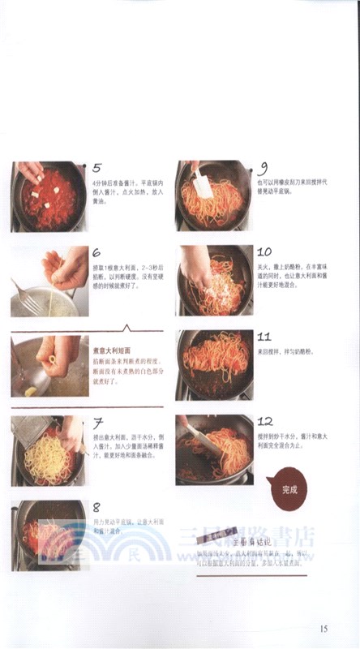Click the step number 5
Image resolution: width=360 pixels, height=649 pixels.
(x=97, y=169)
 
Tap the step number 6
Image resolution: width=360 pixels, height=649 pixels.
(x=97, y=253)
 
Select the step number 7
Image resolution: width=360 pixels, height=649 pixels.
(x=97, y=423)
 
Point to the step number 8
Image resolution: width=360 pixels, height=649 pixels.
(x=97, y=507)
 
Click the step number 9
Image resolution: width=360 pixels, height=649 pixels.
(x=264, y=169)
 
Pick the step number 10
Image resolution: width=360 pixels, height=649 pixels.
(x=264, y=252)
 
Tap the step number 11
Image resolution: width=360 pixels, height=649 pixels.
(x=264, y=336)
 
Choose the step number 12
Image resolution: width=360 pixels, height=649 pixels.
(x=264, y=421)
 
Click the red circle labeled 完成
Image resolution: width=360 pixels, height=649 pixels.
(x=289, y=489)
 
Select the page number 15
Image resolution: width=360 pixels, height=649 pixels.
(x=324, y=627)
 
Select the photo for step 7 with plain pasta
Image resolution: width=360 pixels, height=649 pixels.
(x=47, y=450)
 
